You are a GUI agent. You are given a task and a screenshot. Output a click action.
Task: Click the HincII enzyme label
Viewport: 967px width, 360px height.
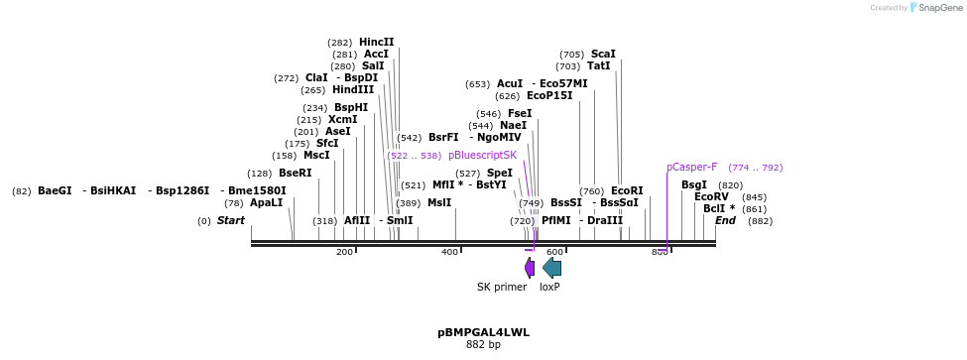(x=376, y=42)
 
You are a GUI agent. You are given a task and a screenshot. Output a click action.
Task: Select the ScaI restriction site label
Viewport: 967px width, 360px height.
(x=603, y=54)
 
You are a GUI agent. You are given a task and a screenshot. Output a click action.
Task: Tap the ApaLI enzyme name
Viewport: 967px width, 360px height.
(x=266, y=202)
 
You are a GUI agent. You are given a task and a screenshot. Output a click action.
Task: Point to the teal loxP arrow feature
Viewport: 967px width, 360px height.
(x=551, y=267)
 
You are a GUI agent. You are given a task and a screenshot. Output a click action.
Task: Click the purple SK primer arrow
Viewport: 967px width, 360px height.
(x=530, y=267)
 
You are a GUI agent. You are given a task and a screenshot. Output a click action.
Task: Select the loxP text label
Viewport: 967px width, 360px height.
(x=549, y=287)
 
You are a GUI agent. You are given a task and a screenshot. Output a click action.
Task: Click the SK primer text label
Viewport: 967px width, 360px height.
(x=502, y=287)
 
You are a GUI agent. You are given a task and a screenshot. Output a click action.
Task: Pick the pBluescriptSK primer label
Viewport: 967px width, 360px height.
(x=482, y=155)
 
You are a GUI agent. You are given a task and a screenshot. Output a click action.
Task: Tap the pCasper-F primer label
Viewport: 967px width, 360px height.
(x=691, y=167)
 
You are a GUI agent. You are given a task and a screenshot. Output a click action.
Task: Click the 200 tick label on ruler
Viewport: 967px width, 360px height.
(x=344, y=252)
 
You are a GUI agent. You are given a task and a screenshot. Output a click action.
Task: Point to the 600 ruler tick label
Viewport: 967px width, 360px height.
(x=554, y=252)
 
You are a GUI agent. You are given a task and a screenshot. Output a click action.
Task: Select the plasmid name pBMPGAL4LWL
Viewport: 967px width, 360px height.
(x=483, y=332)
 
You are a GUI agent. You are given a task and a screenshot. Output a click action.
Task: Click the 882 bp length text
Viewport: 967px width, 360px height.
(x=483, y=345)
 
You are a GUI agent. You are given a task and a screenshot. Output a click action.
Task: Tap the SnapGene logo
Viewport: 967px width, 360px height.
(x=937, y=8)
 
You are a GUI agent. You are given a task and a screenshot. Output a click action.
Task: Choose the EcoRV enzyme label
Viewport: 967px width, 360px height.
(x=711, y=196)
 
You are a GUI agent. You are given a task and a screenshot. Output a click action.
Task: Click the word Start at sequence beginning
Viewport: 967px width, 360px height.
(x=231, y=220)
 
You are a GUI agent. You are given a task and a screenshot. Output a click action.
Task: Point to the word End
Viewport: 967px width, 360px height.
(x=725, y=220)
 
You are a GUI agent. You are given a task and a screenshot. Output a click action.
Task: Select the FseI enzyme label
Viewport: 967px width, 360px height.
(x=519, y=113)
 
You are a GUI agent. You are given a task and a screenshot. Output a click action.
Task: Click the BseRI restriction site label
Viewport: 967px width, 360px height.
(x=295, y=173)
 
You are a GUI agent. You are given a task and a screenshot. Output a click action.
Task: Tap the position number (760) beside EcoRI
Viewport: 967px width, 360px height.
(x=591, y=190)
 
